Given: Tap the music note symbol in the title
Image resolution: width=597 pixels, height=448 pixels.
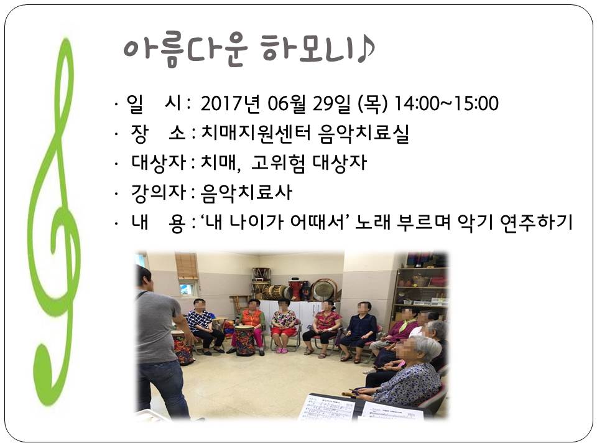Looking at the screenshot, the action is [366, 50].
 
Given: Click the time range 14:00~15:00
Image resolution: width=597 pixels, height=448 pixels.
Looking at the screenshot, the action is [447, 104].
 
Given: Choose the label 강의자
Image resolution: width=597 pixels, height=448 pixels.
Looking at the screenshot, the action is [158, 192].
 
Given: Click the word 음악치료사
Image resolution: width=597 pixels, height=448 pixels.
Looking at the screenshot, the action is [246, 193].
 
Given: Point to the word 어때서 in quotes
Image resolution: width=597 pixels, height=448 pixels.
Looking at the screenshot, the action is [320, 222].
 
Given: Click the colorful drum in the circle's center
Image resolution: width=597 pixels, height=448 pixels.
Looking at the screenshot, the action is [245, 340].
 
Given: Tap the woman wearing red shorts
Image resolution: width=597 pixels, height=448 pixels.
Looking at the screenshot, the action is [284, 325].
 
